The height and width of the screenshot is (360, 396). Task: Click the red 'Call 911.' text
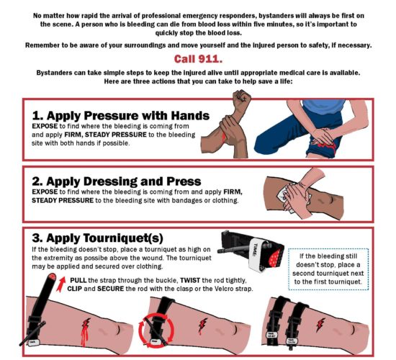(198, 59)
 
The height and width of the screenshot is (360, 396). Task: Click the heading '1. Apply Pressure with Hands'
(121, 115)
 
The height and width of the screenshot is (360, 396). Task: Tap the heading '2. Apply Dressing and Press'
(117, 181)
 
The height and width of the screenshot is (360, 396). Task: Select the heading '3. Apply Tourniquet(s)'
(97, 238)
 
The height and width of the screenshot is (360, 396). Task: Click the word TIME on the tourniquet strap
(255, 250)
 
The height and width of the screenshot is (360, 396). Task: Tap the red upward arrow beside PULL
(60, 284)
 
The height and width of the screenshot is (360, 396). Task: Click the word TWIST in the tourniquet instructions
(190, 280)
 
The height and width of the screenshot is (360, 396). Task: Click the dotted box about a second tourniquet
(328, 269)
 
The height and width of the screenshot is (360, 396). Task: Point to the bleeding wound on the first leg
(85, 331)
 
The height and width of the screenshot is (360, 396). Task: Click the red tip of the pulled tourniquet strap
(53, 276)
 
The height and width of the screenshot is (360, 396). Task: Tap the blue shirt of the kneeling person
(323, 106)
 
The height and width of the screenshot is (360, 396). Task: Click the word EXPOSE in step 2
(45, 192)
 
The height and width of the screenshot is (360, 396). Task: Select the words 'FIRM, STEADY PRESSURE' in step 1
(105, 135)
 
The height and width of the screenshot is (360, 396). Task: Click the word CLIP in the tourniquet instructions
(74, 289)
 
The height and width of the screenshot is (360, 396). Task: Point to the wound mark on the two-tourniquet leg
(320, 325)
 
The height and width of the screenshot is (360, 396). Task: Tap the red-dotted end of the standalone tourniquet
(276, 257)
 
